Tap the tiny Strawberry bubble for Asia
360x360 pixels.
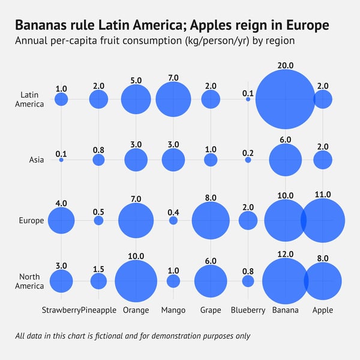point(61,160)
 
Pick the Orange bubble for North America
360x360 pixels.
point(136,281)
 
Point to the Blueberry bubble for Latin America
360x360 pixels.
point(248,99)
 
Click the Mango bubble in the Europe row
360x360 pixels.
point(173,221)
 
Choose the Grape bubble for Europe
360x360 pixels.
point(211,221)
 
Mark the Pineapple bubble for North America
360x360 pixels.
point(98,281)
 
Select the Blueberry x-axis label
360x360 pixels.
point(248,310)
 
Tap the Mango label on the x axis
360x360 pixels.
point(173,310)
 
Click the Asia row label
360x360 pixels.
point(36,160)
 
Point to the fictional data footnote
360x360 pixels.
point(133,336)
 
